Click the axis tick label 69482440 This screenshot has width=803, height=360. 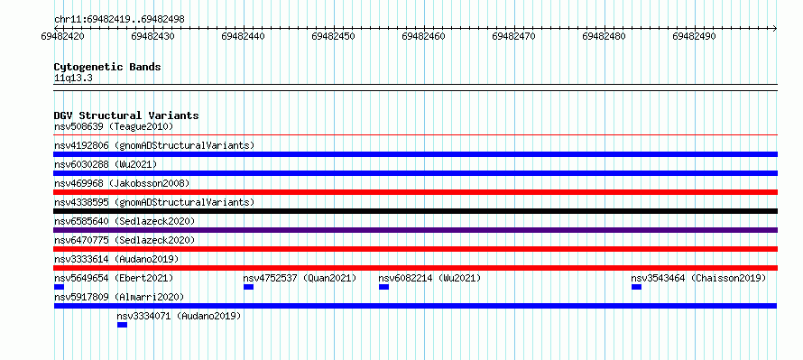[x=244, y=36]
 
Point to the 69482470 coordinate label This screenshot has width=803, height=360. [x=514, y=36]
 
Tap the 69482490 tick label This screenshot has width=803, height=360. [x=695, y=36]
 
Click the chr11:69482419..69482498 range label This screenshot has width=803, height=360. [x=119, y=20]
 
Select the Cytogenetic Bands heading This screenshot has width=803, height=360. [x=107, y=67]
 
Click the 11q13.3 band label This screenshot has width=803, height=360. [x=73, y=78]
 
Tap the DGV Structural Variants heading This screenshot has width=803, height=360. [x=126, y=115]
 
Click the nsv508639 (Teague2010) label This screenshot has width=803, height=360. [x=114, y=126]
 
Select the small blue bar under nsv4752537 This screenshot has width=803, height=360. [x=248, y=287]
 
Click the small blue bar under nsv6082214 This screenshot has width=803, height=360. [x=383, y=287]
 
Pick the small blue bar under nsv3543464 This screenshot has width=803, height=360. [x=637, y=287]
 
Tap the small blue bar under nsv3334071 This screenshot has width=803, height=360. [x=122, y=325]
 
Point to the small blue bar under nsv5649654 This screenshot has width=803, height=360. [x=59, y=287]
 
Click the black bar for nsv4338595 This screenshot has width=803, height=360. [x=415, y=211]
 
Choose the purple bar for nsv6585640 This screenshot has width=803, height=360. [x=415, y=230]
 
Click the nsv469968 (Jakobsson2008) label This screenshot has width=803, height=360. [x=122, y=183]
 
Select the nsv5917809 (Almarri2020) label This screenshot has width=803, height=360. [x=119, y=297]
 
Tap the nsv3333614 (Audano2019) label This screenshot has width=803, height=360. [x=116, y=259]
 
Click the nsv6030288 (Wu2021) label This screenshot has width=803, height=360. [x=106, y=164]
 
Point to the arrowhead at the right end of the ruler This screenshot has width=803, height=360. [x=775, y=28]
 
